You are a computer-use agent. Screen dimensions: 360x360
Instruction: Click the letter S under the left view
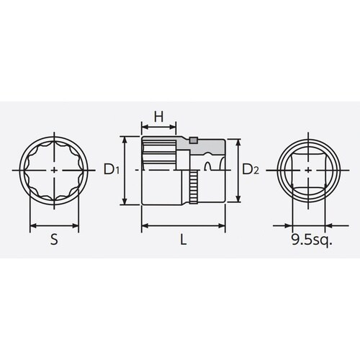coord(55,241)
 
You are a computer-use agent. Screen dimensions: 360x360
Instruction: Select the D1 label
coord(110,171)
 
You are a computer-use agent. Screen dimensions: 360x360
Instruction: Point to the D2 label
coord(249,171)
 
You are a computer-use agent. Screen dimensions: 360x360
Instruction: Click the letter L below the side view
coord(184,241)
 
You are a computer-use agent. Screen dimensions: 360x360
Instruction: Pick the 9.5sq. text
coord(312,241)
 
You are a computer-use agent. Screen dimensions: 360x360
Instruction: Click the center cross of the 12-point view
coord(55,171)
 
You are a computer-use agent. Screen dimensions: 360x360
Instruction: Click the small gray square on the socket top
coord(193,140)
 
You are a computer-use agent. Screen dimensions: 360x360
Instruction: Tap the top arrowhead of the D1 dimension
coord(127,138)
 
